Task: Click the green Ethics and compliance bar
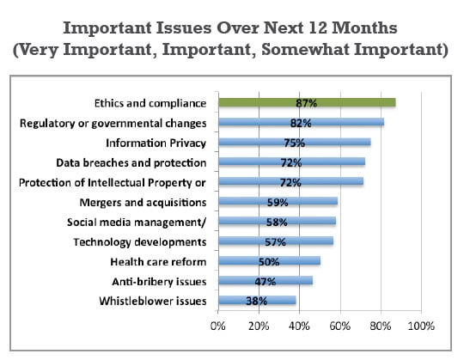click(x=307, y=102)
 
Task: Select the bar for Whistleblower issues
click(x=257, y=300)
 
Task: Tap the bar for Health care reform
click(x=269, y=261)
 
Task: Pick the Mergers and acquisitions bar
click(x=278, y=201)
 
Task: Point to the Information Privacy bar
click(x=295, y=143)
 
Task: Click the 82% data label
click(x=301, y=123)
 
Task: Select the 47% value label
click(x=266, y=282)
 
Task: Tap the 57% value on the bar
click(x=275, y=242)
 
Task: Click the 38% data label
click(x=257, y=301)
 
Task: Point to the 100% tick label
click(x=421, y=326)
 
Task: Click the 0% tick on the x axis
click(x=217, y=326)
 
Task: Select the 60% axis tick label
click(x=340, y=326)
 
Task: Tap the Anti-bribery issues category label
click(x=159, y=282)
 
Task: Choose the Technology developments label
click(x=140, y=242)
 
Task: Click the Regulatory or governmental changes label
click(x=113, y=124)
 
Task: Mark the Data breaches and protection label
click(x=131, y=163)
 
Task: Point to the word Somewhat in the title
click(x=305, y=49)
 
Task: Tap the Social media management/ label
click(x=137, y=223)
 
